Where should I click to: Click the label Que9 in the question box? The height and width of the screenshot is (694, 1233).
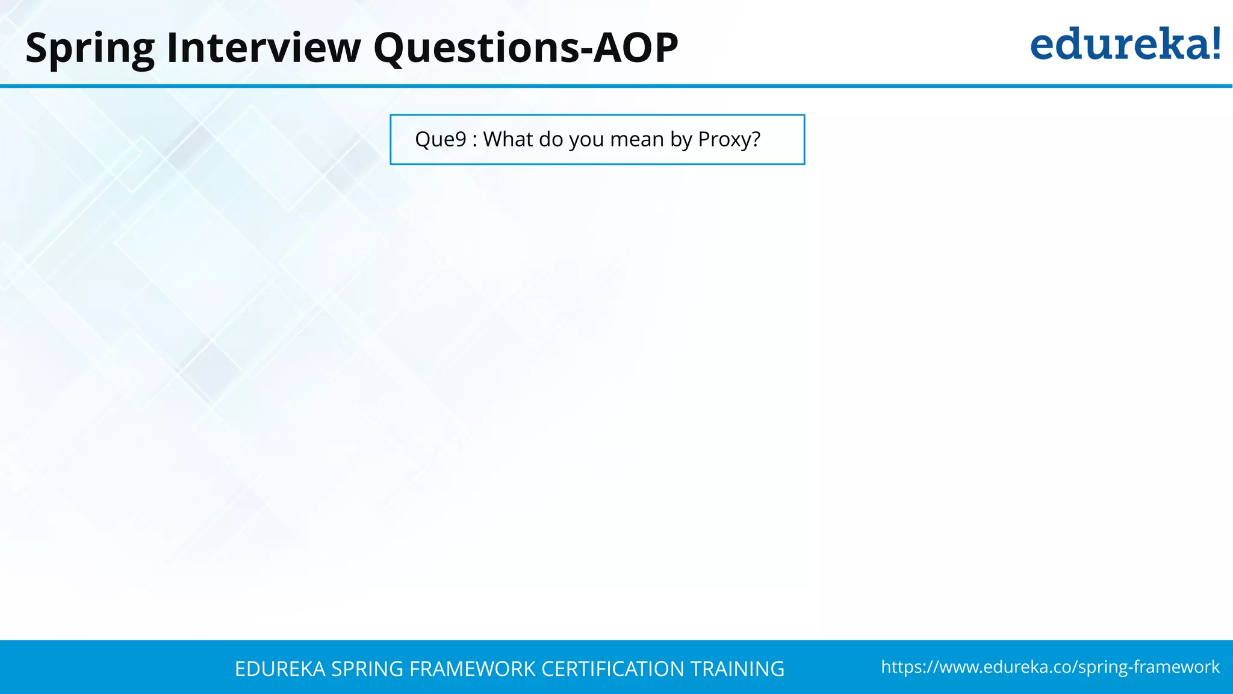click(x=441, y=139)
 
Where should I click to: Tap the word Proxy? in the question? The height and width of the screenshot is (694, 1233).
click(x=729, y=139)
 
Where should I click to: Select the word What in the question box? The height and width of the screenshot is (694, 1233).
click(x=508, y=139)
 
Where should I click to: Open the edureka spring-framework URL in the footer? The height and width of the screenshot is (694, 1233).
click(x=1050, y=667)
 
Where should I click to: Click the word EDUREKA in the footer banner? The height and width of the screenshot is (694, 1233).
click(x=280, y=669)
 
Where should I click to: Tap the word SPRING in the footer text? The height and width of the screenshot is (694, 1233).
click(x=367, y=669)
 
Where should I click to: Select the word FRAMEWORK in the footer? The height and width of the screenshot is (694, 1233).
click(x=472, y=669)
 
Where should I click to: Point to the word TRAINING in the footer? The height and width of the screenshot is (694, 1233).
click(x=737, y=669)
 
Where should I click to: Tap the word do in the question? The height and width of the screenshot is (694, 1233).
click(x=551, y=139)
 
